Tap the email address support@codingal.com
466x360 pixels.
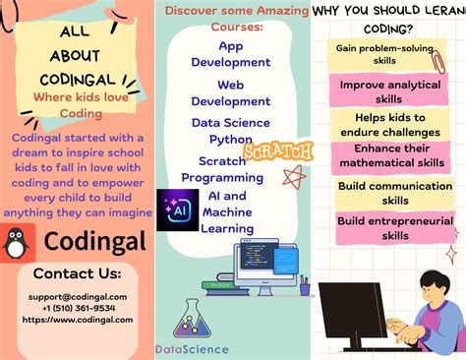77,296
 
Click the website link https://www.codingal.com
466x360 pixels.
77,319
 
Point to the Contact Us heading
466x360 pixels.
77,272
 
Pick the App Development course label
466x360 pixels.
230,54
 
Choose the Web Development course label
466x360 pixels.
230,93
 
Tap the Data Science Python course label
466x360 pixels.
230,132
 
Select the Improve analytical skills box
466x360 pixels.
390,91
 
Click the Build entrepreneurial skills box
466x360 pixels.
395,228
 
